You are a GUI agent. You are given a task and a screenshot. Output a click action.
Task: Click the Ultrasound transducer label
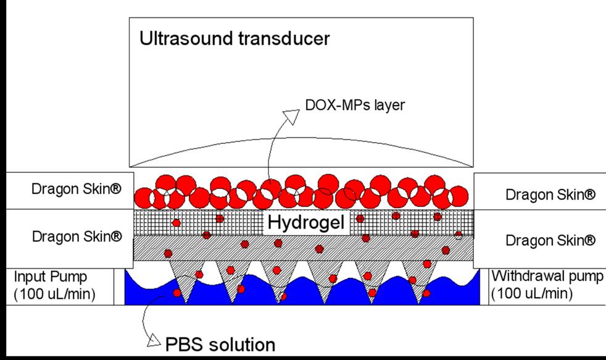click(x=235, y=39)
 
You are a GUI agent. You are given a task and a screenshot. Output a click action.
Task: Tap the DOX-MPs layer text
click(x=355, y=106)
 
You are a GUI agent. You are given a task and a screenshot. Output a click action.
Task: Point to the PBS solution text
click(x=220, y=343)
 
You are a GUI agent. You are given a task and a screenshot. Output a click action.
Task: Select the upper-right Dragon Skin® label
click(x=550, y=195)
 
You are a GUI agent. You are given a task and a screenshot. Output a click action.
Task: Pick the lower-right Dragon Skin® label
click(x=550, y=241)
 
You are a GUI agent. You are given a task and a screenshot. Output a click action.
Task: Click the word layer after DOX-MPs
click(x=389, y=106)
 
